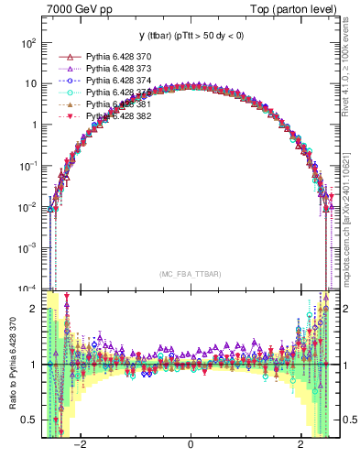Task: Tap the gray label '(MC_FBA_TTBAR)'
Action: point(191,275)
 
